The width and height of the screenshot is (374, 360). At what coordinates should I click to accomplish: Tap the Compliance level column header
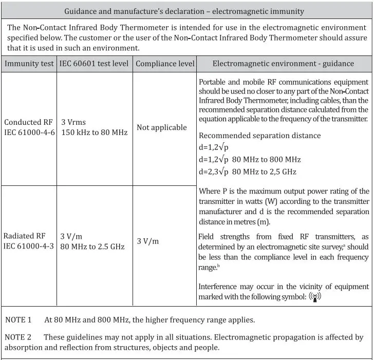tap(165, 64)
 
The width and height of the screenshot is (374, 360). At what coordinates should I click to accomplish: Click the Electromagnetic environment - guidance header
tap(283, 64)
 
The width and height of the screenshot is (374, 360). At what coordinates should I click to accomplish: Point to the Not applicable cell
tap(162, 127)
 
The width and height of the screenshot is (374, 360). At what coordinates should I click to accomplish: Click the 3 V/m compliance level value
tap(148, 241)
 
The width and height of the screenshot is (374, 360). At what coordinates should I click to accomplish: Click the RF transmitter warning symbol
tap(314, 297)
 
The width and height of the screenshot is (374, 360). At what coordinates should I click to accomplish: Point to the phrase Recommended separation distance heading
tap(259, 136)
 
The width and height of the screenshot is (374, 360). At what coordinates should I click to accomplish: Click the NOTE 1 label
tap(18, 319)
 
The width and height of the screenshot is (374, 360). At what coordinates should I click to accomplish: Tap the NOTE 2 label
tap(18, 337)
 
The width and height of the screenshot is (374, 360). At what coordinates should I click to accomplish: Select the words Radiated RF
tap(25, 236)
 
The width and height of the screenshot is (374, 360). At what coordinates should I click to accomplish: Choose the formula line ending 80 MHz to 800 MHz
tap(249, 159)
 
